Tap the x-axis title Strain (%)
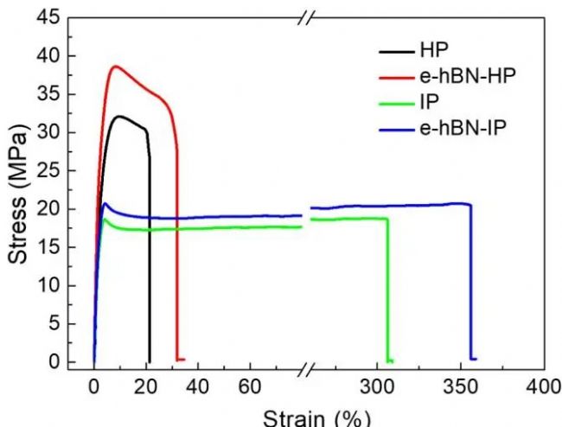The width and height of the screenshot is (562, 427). [x=317, y=416]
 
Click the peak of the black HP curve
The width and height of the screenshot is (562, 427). [x=121, y=116]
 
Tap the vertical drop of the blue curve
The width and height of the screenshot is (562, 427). [x=471, y=285]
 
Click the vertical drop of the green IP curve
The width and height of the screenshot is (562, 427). [x=387, y=294]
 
